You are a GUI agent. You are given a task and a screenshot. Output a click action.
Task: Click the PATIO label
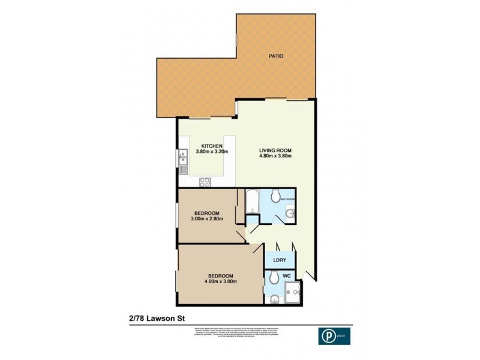click(x=276, y=56)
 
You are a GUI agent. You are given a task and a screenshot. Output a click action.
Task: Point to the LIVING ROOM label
click(x=275, y=150)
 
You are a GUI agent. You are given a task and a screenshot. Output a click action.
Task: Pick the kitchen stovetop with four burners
click(x=204, y=181)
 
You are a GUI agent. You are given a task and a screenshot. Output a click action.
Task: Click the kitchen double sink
click(x=182, y=158)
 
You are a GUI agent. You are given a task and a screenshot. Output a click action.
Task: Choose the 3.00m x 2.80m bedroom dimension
click(x=207, y=219)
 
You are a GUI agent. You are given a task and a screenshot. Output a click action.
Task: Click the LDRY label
click(x=279, y=260)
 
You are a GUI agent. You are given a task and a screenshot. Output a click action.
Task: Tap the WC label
click(x=287, y=276)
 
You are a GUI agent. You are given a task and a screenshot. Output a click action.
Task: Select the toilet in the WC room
click(x=273, y=277)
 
